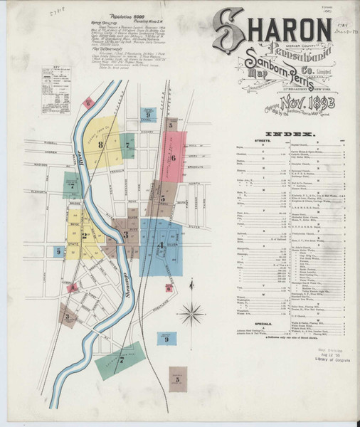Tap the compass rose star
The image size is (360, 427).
[192, 311]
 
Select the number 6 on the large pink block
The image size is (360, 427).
[173, 157]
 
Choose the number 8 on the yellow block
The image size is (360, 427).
[101, 146]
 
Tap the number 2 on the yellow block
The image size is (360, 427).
[84, 236]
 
